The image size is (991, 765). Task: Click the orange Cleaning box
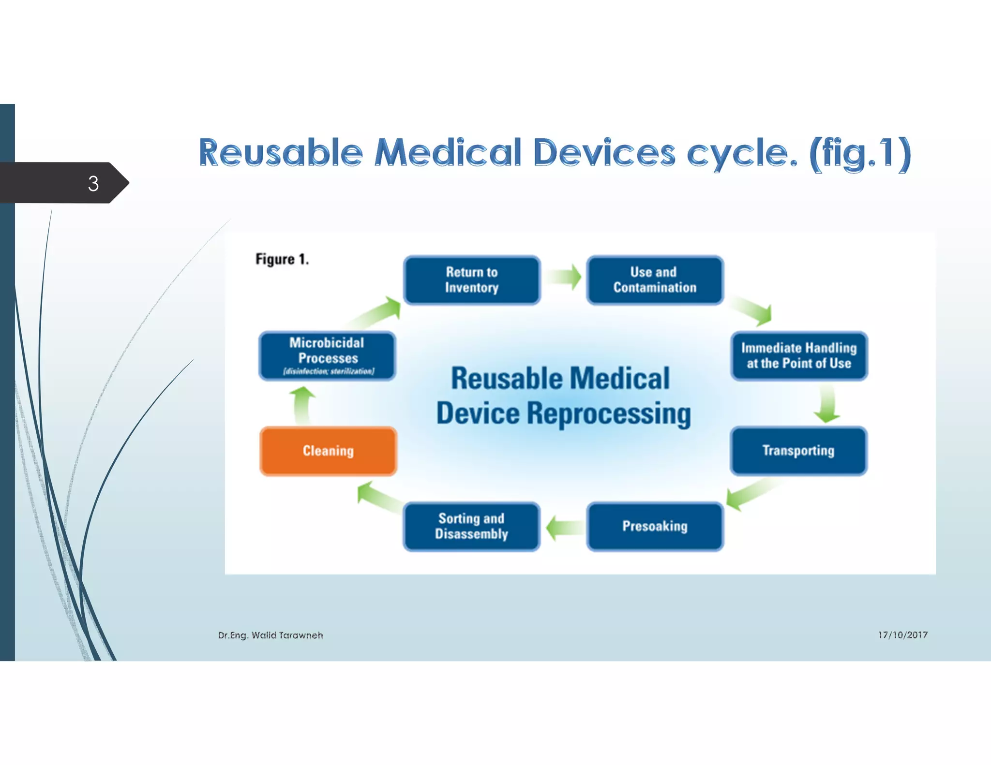tap(328, 451)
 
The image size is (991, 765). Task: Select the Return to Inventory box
tap(472, 280)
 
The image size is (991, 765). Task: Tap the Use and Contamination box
tap(655, 280)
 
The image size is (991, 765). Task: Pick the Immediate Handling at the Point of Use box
tap(799, 356)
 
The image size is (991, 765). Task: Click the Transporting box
tap(798, 451)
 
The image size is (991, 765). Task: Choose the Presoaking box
tap(655, 527)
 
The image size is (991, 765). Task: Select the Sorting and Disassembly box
tap(472, 527)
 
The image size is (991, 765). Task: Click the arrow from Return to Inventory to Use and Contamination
tap(564, 277)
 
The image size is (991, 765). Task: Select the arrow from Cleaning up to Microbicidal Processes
tap(302, 405)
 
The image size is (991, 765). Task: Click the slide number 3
tap(93, 184)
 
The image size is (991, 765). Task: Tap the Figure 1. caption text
tap(282, 260)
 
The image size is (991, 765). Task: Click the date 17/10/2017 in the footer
tap(902, 635)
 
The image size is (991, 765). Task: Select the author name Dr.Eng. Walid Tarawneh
tap(270, 635)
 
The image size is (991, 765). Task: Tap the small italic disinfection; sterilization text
tap(329, 371)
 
